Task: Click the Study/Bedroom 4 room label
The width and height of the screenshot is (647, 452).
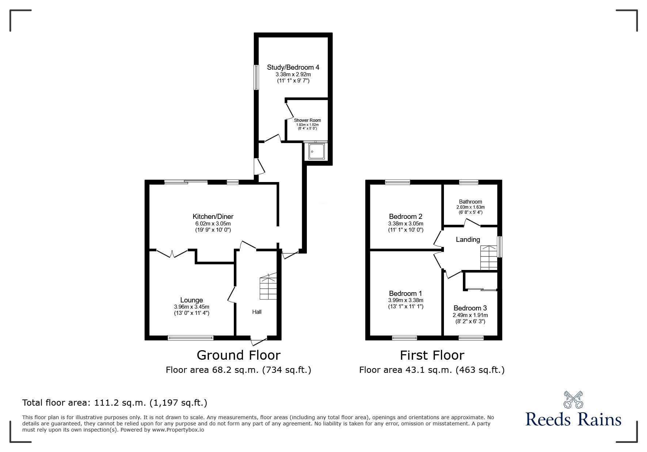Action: point(293,67)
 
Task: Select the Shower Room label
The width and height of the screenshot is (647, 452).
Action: point(307,120)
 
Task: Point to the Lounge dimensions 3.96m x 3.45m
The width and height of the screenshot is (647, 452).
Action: point(191,307)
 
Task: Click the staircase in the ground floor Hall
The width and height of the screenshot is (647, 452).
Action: point(268,287)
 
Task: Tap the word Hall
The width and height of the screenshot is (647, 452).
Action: point(257,312)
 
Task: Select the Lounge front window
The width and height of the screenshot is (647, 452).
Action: point(190,338)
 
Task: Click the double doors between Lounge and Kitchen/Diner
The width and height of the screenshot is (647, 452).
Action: point(172,252)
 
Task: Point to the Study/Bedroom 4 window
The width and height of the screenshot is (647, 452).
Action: point(257,77)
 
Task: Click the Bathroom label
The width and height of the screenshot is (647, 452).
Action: point(471,201)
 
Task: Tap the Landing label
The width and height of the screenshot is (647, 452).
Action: point(468,240)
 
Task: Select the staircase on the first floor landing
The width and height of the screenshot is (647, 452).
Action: point(489,258)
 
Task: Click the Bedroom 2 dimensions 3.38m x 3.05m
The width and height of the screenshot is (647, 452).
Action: point(406,224)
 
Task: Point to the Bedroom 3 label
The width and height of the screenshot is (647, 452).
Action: point(470,308)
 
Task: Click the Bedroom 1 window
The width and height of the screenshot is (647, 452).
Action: point(404,338)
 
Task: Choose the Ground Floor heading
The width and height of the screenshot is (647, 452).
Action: point(239,355)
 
